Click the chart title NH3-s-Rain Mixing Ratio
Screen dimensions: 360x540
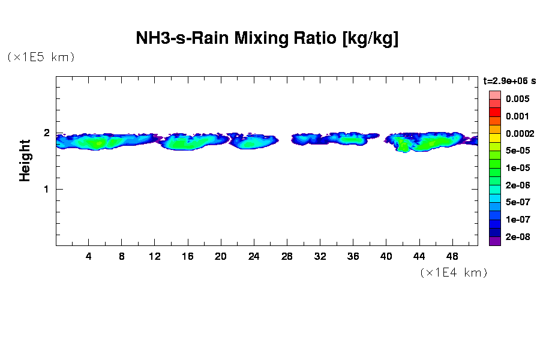point(267,39)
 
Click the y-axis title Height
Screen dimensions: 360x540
point(25,160)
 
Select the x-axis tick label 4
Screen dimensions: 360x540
point(89,256)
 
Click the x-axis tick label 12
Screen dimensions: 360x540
point(155,256)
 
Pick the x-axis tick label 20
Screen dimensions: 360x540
point(221,256)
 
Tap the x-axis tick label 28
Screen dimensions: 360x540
point(287,256)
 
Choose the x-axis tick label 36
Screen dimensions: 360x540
point(353,256)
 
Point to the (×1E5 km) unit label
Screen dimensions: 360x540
point(41,57)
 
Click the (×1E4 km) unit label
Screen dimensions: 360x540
point(454,272)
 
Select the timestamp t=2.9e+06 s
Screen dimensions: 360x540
point(509,80)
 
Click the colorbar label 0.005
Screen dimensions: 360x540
point(517,99)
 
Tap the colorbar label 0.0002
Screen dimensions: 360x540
point(519,133)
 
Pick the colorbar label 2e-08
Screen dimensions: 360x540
point(517,237)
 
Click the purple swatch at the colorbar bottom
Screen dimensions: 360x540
point(494,241)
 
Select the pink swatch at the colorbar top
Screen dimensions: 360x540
point(494,95)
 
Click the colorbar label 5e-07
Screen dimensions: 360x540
point(517,202)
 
